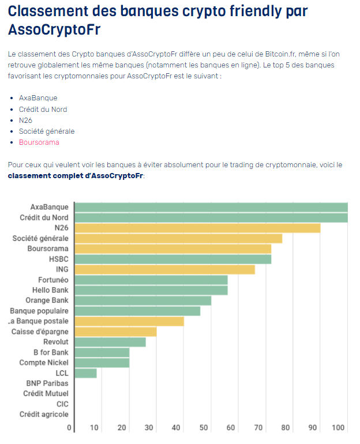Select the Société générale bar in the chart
[x=178, y=239]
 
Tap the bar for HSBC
[x=173, y=259]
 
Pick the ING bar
[x=165, y=270]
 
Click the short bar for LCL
[x=86, y=373]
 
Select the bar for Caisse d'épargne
[x=116, y=332]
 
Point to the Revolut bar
[x=110, y=342]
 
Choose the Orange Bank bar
[x=143, y=300]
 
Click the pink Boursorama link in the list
[x=39, y=142]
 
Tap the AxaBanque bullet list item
[x=38, y=98]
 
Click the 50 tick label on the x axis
[x=204, y=428]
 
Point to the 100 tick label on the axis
[x=339, y=428]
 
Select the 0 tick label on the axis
[x=69, y=428]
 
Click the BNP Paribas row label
[x=47, y=383]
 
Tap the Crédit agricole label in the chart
[x=44, y=414]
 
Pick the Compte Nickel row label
[x=44, y=363]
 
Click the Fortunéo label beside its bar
[x=53, y=280]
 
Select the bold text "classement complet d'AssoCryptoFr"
[x=75, y=175]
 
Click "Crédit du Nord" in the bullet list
[x=43, y=109]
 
